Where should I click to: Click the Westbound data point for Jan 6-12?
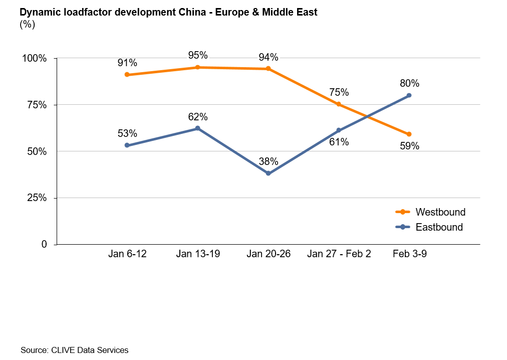[127, 75]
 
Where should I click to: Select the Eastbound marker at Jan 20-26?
[268, 173]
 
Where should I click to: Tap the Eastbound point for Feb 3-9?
[409, 95]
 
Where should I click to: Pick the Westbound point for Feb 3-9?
[409, 134]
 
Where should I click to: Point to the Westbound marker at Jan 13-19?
[197, 67]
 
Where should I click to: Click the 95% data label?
[197, 55]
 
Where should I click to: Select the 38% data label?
[268, 161]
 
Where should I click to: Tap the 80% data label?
[409, 83]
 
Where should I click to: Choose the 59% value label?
[409, 146]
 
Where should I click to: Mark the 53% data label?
[127, 133]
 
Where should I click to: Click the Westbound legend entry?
[440, 212]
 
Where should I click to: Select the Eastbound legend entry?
[439, 227]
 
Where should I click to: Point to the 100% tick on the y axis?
[35, 59]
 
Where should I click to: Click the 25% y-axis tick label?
[37, 198]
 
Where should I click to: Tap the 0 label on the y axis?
[44, 245]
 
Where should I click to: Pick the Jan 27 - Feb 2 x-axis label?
[339, 254]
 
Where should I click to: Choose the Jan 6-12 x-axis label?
[127, 254]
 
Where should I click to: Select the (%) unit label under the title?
[27, 24]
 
